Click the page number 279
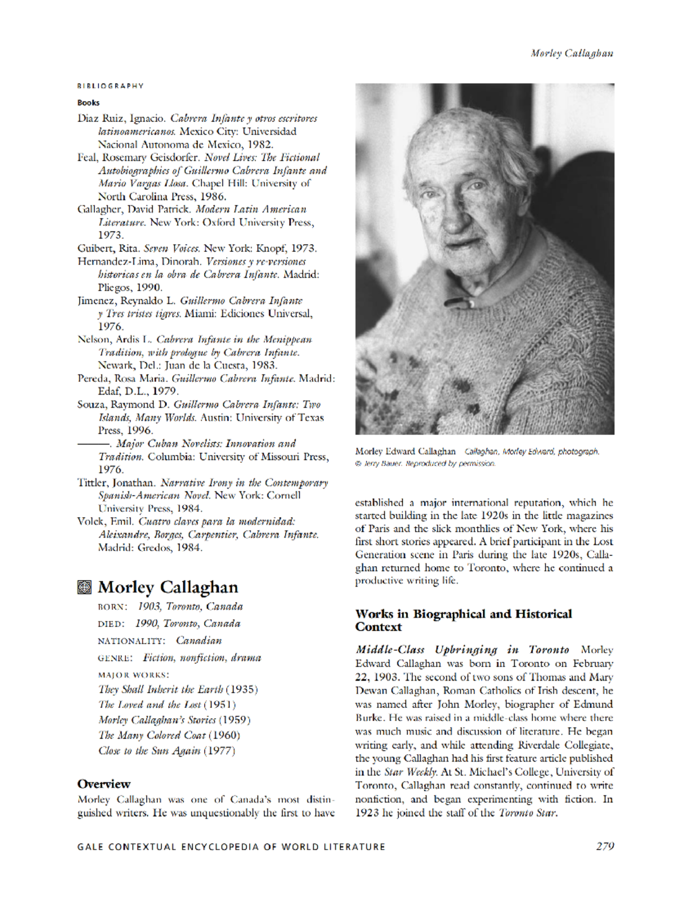click(605, 846)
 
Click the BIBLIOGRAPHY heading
click(111, 86)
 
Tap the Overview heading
click(104, 784)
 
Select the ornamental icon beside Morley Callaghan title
click(84, 587)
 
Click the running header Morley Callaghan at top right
click(572, 54)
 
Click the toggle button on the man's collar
click(471, 302)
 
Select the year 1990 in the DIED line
click(147, 624)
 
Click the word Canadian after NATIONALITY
click(199, 641)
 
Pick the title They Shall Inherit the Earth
click(161, 689)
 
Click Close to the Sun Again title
click(149, 751)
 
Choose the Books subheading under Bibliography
click(88, 103)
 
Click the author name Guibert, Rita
click(108, 248)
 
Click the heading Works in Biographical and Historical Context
click(463, 620)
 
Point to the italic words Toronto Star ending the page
click(527, 813)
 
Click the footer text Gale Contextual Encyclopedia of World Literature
click(231, 847)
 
